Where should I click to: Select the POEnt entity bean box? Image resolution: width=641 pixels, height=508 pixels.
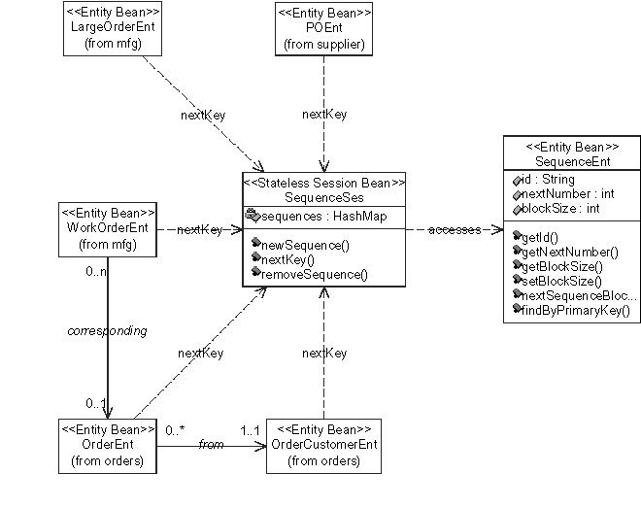pyautogui.click(x=322, y=29)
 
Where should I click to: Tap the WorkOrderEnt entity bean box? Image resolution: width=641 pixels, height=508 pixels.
pyautogui.click(x=108, y=228)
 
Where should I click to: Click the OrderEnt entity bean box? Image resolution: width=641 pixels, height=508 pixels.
pyautogui.click(x=108, y=446)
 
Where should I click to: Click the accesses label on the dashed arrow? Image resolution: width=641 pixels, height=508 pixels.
pyautogui.click(x=455, y=230)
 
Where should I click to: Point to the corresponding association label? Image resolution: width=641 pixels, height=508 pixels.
pyautogui.click(x=107, y=330)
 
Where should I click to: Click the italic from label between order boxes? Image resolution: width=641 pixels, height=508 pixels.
pyautogui.click(x=211, y=444)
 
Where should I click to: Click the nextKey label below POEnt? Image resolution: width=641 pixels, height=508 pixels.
pyautogui.click(x=324, y=115)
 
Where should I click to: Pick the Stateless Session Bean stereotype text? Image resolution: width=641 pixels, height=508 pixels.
pyautogui.click(x=323, y=181)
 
